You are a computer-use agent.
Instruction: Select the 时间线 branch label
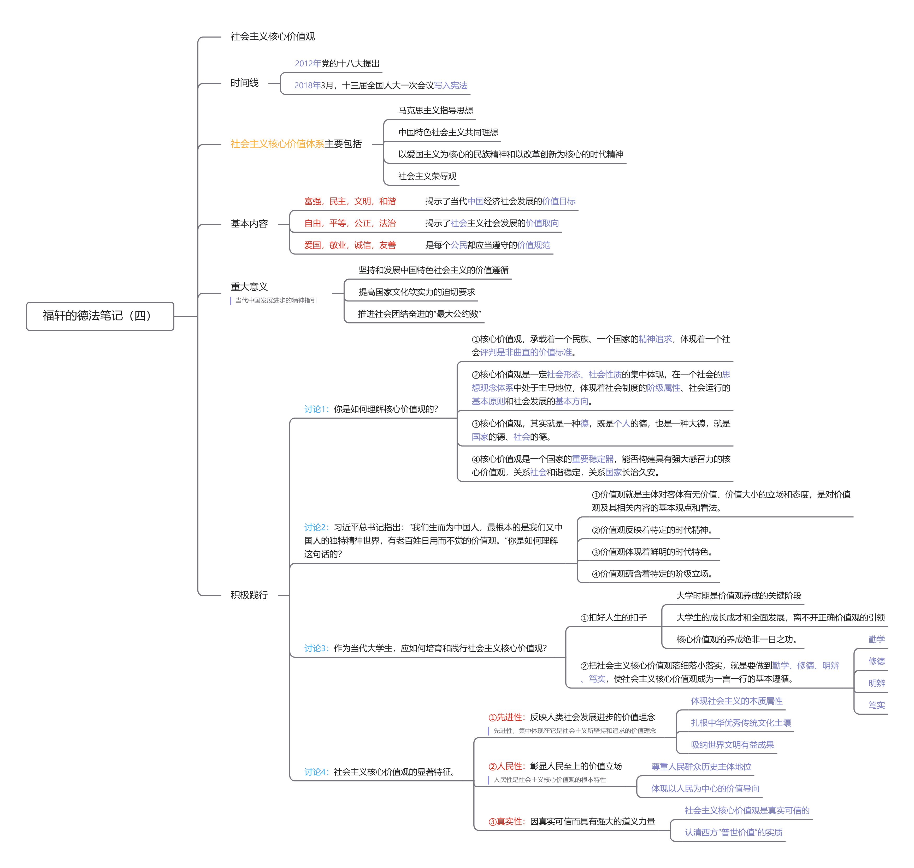(244, 83)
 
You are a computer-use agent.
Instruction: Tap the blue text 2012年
(308, 63)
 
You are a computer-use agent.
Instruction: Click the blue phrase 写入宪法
(451, 86)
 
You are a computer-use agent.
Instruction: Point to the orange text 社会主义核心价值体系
(277, 144)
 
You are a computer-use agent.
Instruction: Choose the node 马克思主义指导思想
(435, 110)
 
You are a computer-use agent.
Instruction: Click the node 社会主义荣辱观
(427, 176)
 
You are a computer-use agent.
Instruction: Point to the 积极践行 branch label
(249, 595)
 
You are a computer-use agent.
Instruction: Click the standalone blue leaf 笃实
(876, 705)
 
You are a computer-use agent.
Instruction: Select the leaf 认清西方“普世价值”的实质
(733, 832)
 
